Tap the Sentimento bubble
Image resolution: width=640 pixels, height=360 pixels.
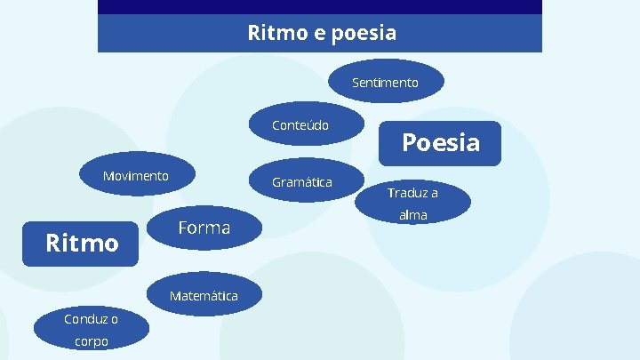tap(385, 83)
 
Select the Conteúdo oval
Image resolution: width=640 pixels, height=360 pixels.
tap(300, 125)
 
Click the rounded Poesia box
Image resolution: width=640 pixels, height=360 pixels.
tap(440, 143)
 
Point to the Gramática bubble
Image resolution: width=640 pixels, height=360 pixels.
tap(302, 182)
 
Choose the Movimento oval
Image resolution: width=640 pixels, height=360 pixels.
tap(135, 176)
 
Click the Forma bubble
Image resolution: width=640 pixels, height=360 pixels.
tap(204, 228)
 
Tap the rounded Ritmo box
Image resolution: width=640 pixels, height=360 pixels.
tap(82, 243)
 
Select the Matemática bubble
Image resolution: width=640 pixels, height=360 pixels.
tap(204, 296)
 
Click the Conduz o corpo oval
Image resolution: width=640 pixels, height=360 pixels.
tap(91, 330)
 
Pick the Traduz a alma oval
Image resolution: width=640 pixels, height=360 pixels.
tap(412, 204)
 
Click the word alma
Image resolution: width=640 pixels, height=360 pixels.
tap(413, 215)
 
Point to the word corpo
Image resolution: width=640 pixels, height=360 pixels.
tap(92, 341)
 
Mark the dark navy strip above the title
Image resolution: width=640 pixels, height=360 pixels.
tap(320, 6)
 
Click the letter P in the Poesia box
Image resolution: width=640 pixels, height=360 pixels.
tap(411, 143)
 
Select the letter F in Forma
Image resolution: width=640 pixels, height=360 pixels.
tap(183, 228)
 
